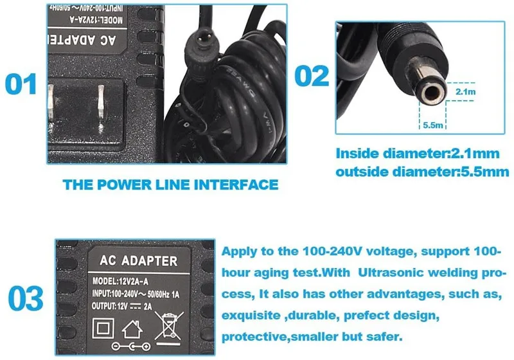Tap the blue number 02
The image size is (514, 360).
point(312,75)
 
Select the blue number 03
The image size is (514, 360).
point(26,298)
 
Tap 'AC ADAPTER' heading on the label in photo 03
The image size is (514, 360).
point(136,261)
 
